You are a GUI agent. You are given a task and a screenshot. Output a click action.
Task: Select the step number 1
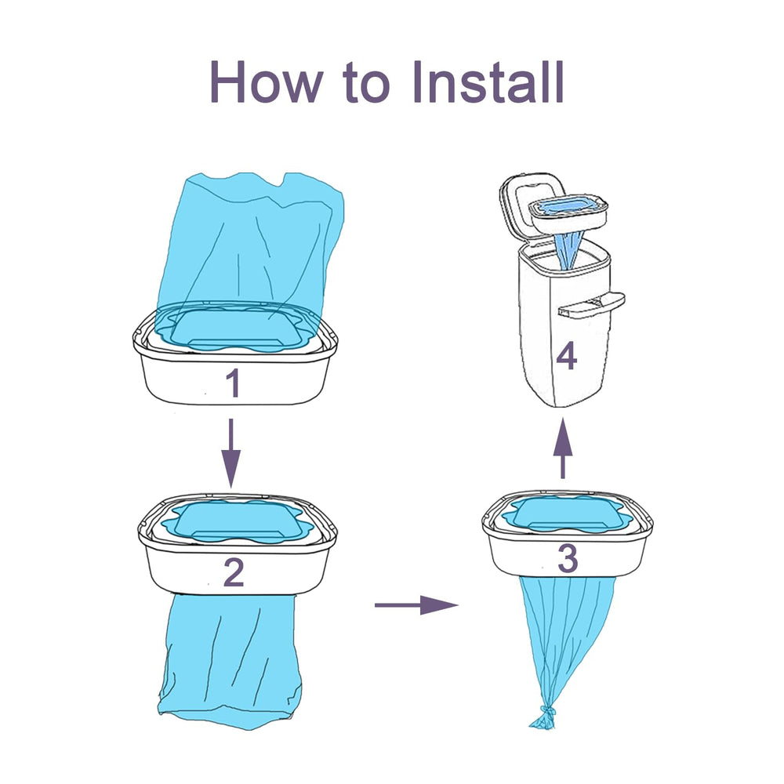pos(232,384)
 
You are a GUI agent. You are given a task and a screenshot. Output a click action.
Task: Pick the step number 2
pos(234,575)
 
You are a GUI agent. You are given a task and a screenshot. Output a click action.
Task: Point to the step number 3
pos(567,558)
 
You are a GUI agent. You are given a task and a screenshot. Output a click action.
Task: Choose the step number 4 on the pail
pos(566,358)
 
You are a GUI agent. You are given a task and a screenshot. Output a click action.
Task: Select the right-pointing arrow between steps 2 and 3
pos(416,604)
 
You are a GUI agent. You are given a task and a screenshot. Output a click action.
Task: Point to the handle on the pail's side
pos(592,305)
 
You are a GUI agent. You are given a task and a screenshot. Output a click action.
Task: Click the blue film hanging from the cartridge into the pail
pos(570,247)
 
